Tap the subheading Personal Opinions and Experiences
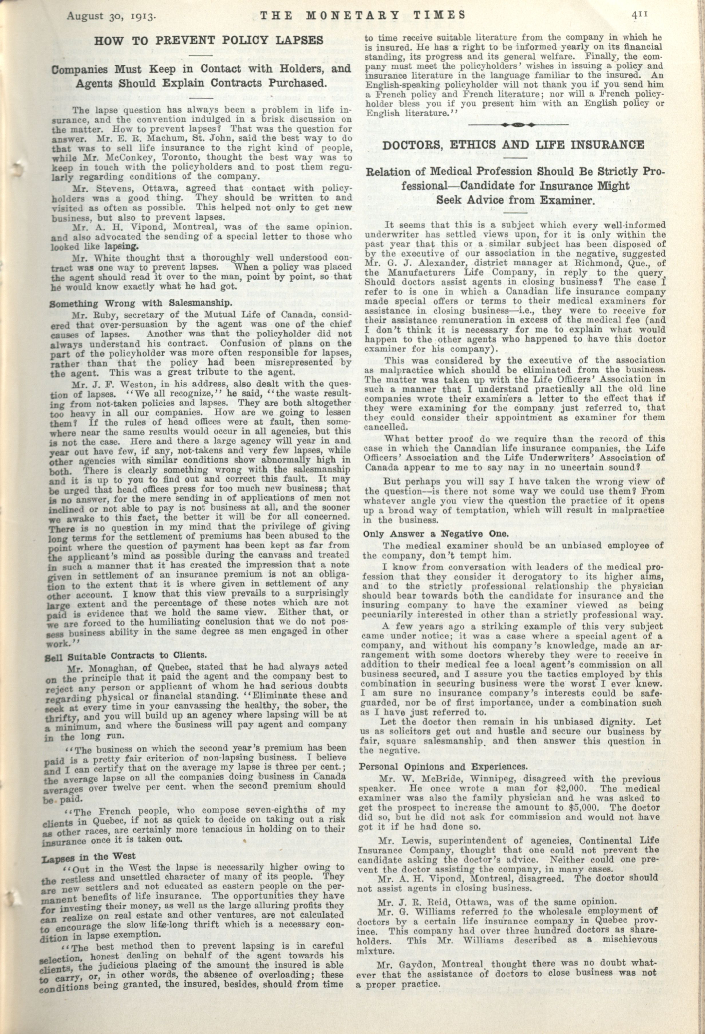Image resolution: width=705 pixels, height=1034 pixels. click(443, 767)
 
